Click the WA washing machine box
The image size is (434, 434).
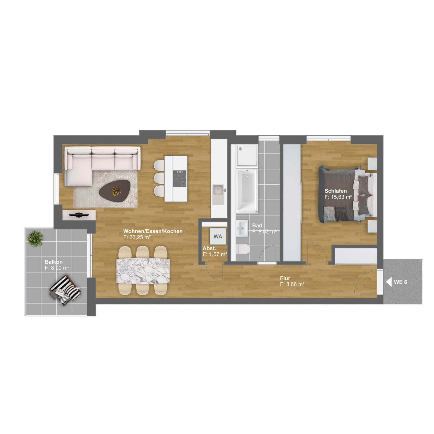218,237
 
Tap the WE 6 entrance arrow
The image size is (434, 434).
389,282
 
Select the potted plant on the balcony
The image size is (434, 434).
35,238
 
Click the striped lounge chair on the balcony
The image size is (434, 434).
65,290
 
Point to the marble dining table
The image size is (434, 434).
143,271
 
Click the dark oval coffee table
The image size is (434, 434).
115,191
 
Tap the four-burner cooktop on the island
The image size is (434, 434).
180,178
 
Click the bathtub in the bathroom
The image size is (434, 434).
247,190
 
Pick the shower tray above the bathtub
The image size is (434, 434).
247,155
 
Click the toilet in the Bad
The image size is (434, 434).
243,249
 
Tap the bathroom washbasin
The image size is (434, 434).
242,228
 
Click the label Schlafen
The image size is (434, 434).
336,191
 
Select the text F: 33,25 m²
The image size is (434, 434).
137,237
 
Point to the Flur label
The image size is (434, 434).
285,278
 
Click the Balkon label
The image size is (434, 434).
54,262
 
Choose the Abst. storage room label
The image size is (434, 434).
209,248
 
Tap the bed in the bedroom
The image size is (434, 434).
346,194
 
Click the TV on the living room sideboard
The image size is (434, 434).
79,215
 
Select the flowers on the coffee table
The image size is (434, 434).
116,191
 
